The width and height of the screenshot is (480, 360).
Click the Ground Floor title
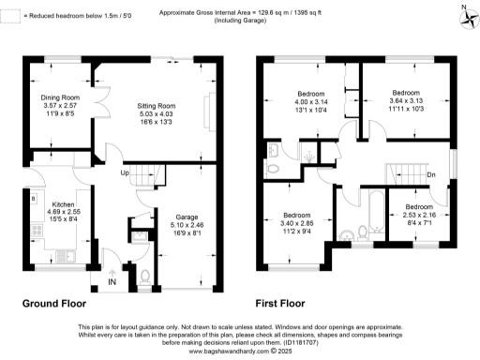tap(54, 305)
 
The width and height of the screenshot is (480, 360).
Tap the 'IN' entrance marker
tap(112, 280)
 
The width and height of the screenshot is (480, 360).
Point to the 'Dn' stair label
tap(430, 174)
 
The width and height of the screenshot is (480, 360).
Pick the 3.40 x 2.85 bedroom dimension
tap(297, 224)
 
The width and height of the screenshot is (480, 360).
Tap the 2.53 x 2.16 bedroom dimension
tap(419, 215)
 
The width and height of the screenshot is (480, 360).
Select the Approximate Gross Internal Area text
tap(241, 9)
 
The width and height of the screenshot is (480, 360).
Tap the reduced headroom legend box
tap(7, 15)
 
